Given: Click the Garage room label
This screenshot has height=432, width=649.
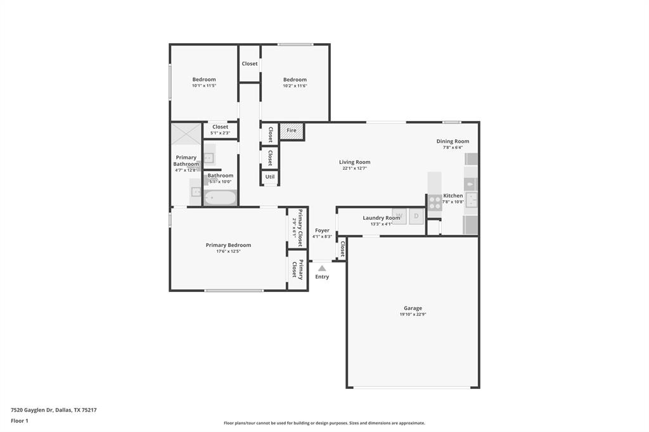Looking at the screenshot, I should point(411,308).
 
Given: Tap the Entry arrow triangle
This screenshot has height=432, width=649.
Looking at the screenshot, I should point(322,269).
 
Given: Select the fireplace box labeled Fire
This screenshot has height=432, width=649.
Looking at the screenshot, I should point(292,130).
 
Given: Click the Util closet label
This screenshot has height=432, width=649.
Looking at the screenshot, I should point(270,177).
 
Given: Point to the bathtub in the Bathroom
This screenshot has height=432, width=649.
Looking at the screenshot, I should point(220,198).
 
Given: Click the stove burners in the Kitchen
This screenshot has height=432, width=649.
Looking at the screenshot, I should point(435,202).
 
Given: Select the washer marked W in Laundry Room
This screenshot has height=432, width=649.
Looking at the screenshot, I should point(399,216).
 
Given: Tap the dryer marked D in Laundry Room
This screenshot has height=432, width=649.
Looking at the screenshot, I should point(416,216).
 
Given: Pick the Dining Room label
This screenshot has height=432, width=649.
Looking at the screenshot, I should point(453,141).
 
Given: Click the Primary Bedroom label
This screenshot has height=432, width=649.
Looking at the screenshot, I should point(228,245).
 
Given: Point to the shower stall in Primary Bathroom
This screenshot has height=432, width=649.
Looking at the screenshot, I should point(186,134).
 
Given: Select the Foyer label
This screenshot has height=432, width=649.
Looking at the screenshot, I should point(322,231).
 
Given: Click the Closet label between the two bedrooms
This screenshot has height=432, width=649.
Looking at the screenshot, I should point(250,63).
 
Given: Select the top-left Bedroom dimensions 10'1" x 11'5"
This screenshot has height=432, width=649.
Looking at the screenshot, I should point(204,86).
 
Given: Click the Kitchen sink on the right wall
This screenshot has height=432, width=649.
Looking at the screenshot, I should point(470,200).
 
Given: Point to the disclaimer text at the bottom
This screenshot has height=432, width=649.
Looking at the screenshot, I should point(324,423).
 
